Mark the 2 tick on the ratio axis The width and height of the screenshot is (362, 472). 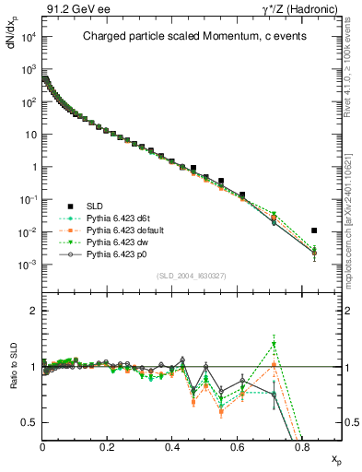click(34, 311)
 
